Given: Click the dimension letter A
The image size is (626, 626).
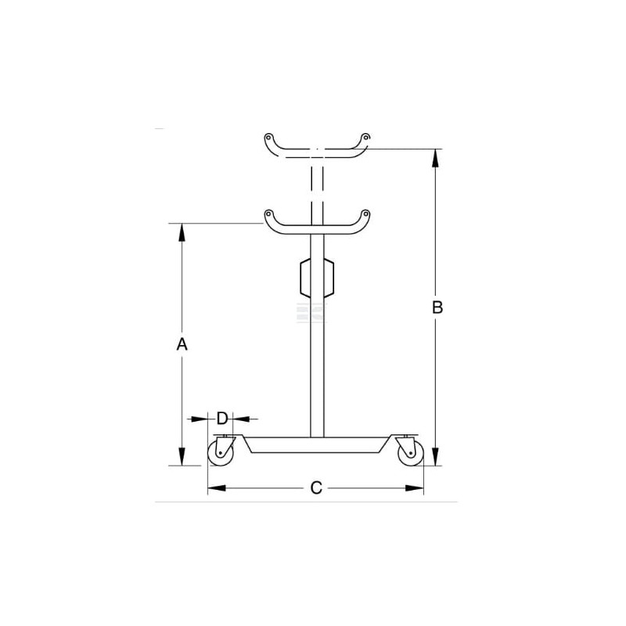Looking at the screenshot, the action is click(182, 344).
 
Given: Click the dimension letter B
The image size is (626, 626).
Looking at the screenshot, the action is click(437, 308).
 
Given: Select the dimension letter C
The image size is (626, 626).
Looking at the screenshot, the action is click(316, 487).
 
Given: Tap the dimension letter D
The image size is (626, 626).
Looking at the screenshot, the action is click(222, 419).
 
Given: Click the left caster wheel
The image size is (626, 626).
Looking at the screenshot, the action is click(220, 454).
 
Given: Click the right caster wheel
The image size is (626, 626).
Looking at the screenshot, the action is click(411, 454).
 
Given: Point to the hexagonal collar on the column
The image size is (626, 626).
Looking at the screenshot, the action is click(317, 278).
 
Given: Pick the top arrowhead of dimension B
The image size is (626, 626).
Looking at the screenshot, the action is click(436, 159).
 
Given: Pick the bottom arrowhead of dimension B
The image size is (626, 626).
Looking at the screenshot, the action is click(436, 456).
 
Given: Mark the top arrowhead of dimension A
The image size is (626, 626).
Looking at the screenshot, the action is click(182, 232).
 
